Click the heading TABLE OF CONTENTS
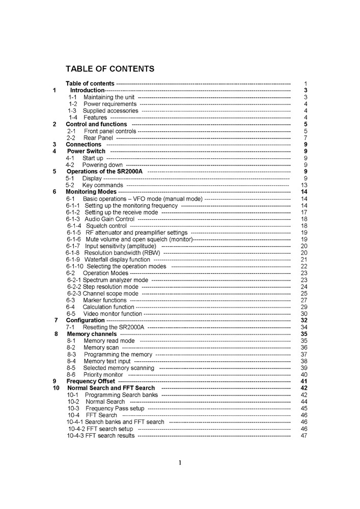coord(109,69)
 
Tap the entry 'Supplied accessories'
coord(110,110)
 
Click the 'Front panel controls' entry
coord(110,131)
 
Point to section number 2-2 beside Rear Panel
coord(71,137)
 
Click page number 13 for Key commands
coord(304,185)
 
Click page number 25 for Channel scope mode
coord(304,293)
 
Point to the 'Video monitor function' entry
coord(113,314)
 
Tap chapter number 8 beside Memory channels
coord(56,334)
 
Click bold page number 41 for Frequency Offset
coord(304,381)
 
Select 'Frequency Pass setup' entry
coord(115,408)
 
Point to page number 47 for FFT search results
coord(304,436)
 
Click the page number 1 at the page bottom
coord(180,463)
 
